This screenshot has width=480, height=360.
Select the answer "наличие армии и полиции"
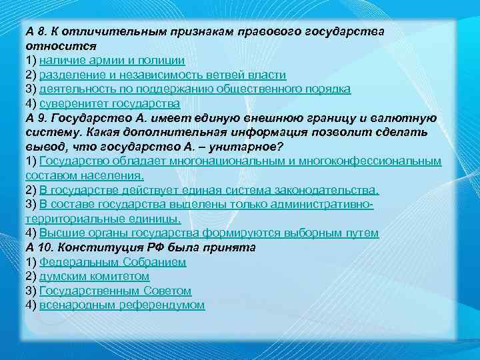point(112,61)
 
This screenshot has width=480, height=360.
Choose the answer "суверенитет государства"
point(109,104)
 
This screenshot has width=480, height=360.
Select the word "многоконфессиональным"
point(376,161)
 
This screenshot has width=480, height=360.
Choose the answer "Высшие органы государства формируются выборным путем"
point(209,233)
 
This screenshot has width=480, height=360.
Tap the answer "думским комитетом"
point(94,276)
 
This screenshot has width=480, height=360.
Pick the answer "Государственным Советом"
point(115,291)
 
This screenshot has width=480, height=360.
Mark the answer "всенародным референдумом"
point(122,305)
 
